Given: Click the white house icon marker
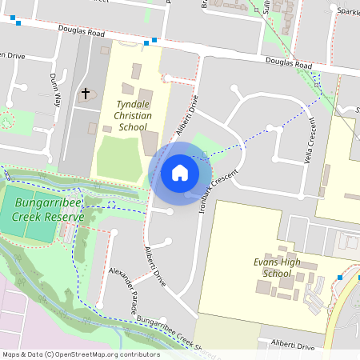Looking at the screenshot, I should tap(180, 173).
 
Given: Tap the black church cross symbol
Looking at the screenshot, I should tap(86, 94).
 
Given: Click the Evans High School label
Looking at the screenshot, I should tap(277, 267).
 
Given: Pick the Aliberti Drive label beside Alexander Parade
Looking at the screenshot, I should tap(155, 266).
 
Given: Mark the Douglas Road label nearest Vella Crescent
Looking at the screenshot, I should tap(289, 63).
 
